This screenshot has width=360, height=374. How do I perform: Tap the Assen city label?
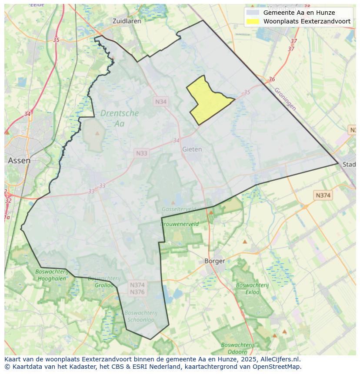19,160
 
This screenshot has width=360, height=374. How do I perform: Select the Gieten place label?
192,149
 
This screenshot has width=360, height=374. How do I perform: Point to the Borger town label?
215,261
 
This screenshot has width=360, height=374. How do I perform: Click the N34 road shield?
161,102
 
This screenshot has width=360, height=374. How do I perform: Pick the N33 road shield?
141,153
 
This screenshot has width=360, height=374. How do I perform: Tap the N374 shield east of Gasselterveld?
323,195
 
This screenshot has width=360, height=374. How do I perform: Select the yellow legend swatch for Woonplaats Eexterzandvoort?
253,21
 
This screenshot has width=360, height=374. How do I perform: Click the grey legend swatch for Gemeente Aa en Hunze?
253,13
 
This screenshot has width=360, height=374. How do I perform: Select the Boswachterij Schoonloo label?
140,316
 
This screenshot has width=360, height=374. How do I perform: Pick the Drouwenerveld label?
180,224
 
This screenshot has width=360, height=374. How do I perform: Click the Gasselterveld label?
178,209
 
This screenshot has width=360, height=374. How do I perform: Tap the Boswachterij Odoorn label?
238,348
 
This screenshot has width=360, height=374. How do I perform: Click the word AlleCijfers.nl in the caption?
280,359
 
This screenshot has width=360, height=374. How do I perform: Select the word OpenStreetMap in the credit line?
279,367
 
